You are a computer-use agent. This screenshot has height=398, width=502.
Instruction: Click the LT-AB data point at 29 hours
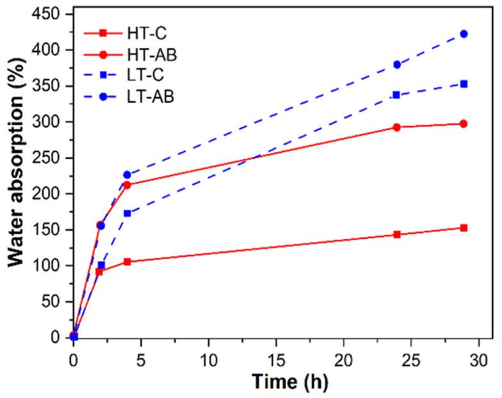point(464,34)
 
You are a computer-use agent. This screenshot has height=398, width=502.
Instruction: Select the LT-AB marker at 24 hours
point(397,65)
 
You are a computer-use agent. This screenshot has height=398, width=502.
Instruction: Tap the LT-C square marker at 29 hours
point(464,84)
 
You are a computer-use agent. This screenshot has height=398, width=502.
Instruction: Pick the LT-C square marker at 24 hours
point(396,95)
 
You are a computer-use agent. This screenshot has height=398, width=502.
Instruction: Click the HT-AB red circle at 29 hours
point(464,123)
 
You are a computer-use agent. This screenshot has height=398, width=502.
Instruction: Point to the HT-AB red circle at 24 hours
point(397,127)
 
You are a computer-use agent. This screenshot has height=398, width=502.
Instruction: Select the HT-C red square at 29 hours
point(464,228)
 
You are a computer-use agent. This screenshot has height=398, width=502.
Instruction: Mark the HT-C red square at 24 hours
point(397,235)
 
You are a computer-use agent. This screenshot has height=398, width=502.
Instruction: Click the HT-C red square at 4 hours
point(127,262)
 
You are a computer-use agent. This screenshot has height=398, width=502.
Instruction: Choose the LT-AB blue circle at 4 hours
point(127,175)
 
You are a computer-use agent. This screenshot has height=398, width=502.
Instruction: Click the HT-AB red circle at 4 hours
point(127,185)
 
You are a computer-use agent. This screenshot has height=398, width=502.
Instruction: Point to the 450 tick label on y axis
point(47,14)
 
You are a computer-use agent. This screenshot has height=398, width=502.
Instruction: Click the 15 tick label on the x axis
point(276,354)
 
